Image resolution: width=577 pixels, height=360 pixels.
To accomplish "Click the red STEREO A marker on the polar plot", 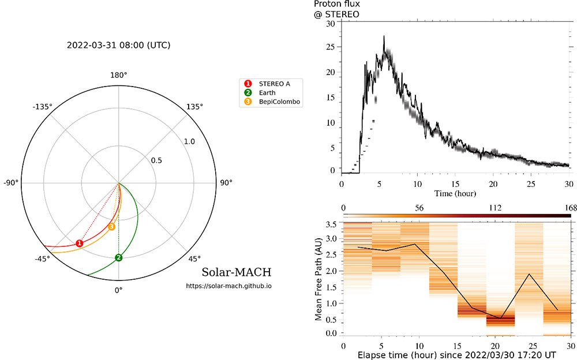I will click(x=80, y=243).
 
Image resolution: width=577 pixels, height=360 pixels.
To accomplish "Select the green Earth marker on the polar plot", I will click(x=118, y=257).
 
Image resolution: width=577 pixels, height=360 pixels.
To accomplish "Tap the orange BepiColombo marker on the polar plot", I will click(x=112, y=227).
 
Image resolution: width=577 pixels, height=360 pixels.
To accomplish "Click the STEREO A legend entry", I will click(x=275, y=84).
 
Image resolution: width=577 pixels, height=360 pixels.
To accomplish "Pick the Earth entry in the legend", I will click(x=268, y=93).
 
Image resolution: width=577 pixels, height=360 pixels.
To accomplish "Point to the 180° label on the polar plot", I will click(x=118, y=76).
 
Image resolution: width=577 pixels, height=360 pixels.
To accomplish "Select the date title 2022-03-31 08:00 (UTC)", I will click(x=119, y=45).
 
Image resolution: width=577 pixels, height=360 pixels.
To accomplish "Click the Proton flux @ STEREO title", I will click(x=338, y=9).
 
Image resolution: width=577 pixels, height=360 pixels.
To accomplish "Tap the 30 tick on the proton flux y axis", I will click(x=331, y=24).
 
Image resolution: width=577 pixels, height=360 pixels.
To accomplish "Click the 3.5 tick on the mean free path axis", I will click(x=331, y=224).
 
